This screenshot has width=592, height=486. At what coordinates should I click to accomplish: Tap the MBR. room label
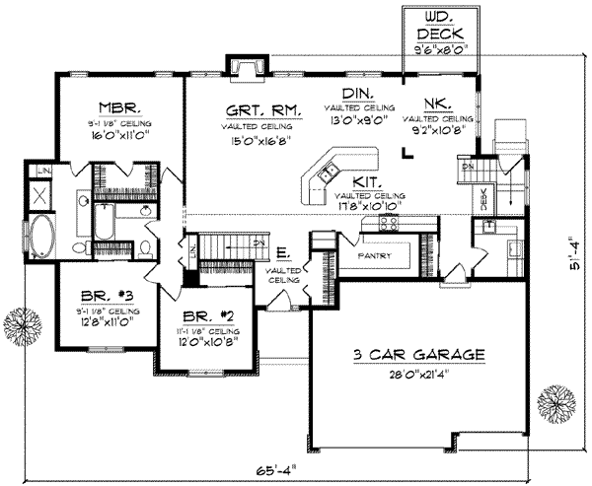click(116, 106)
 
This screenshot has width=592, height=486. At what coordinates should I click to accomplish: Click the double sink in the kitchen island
click(327, 174)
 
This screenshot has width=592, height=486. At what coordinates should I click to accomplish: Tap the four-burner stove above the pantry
click(379, 225)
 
